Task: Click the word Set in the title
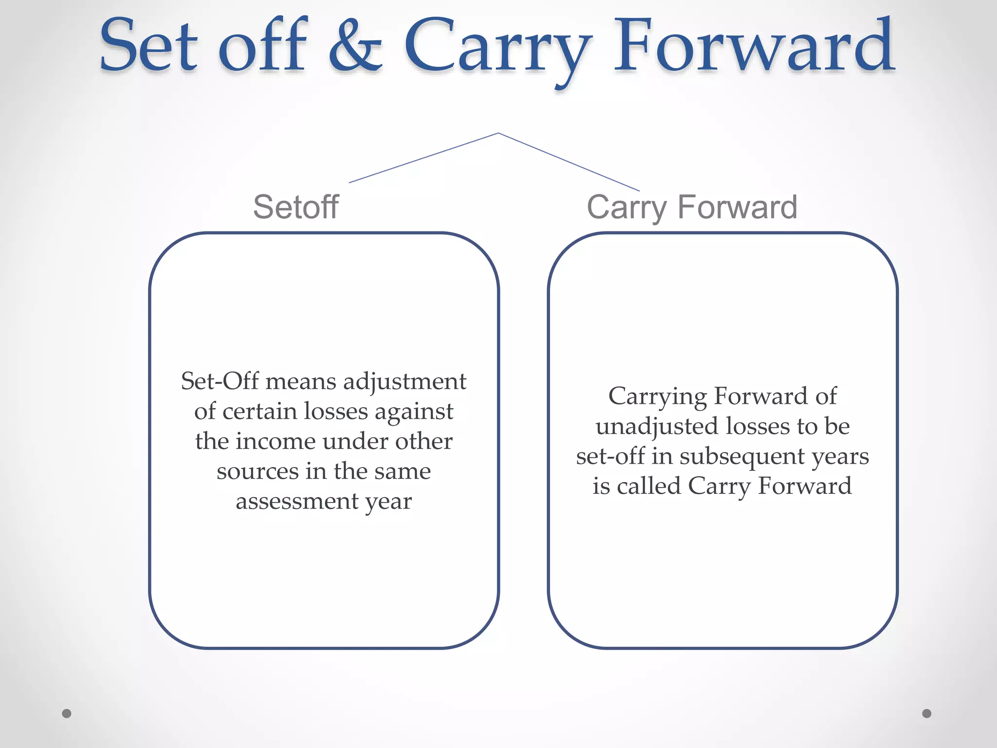coord(148,46)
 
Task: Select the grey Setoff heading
coord(295,207)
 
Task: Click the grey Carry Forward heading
coord(692,207)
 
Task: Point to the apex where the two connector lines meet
coord(498,133)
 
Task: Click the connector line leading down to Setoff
coord(424,158)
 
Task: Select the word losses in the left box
coord(336,411)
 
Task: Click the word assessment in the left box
coord(297,502)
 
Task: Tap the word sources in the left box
coord(258,471)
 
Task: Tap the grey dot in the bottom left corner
coord(67,713)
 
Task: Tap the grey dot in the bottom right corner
coord(926,713)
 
